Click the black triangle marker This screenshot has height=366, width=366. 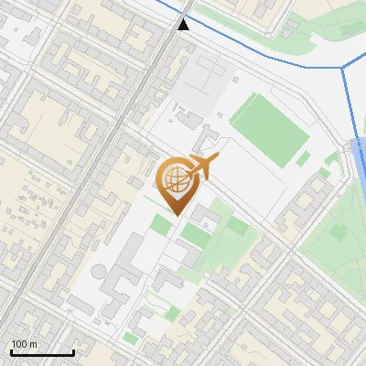pos(184,25)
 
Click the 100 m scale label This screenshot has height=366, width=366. pos(24,344)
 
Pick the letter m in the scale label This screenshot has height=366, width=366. pos(33,344)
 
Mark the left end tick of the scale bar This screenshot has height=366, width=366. pos(11,352)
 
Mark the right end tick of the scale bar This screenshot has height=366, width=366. pos(73,352)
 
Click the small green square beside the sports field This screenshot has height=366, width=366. pos(303,159)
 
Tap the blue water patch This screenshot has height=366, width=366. pos(360,165)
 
